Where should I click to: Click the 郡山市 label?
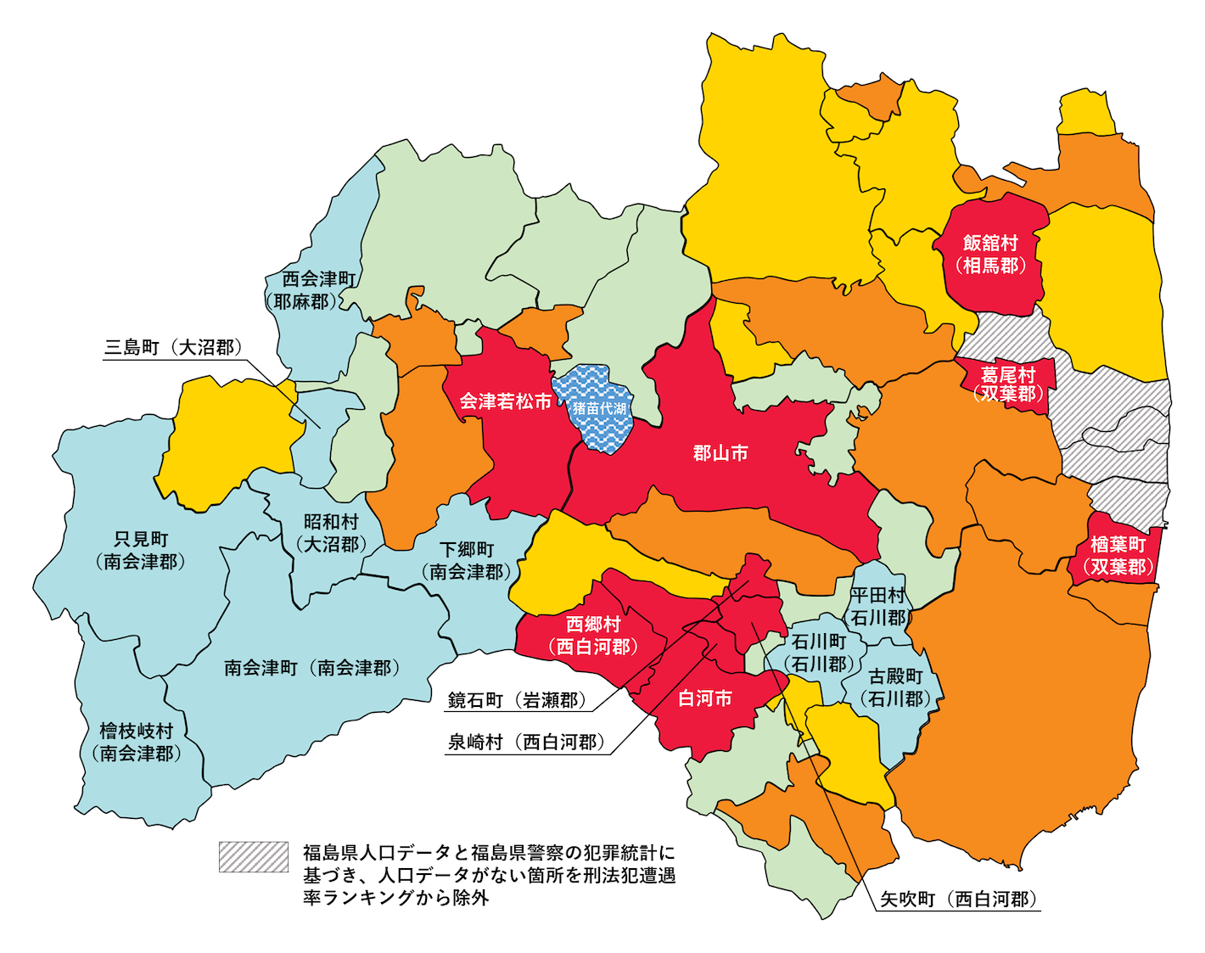pos(720,453)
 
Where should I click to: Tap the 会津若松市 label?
pos(505,401)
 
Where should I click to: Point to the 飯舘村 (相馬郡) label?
pos(990,255)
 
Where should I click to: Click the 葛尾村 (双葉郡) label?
pos(1008,384)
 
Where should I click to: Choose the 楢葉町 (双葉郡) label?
pos(1118,555)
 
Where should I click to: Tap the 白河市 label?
pos(704,698)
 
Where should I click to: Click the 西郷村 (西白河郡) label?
pos(593,636)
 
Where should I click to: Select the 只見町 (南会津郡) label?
pos(141,550)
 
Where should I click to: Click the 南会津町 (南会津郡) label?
pos(311,668)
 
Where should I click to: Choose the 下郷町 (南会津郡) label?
pos(466,560)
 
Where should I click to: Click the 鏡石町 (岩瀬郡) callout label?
pos(517,700)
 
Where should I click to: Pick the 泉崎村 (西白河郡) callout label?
pos(526,742)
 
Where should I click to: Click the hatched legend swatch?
pos(253,856)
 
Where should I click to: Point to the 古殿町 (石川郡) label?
pos(895,687)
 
